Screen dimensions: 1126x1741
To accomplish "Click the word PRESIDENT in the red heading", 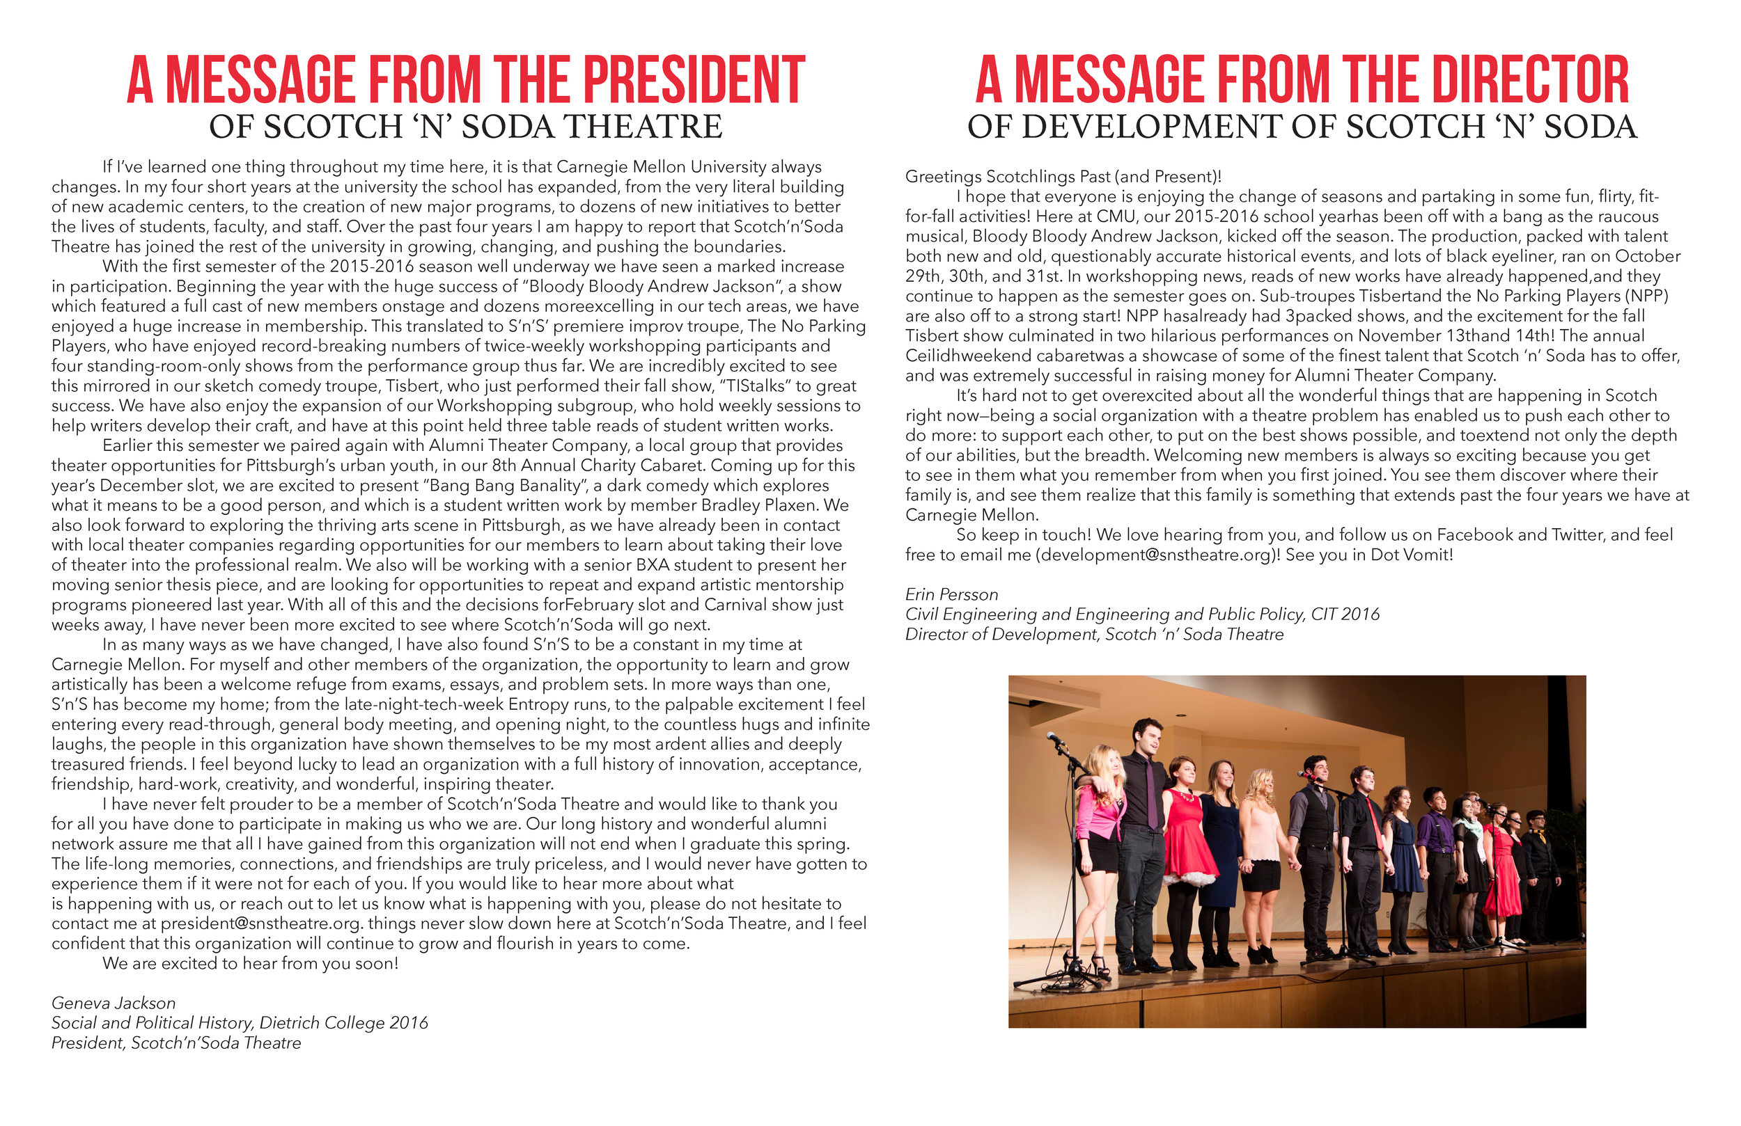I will (x=694, y=80).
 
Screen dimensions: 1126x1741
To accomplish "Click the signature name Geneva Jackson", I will (x=114, y=1003).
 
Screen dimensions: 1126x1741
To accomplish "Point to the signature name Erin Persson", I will (x=951, y=594).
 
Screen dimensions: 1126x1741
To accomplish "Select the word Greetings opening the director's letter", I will (x=944, y=177).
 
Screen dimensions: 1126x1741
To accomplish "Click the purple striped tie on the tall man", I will (x=1151, y=793).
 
